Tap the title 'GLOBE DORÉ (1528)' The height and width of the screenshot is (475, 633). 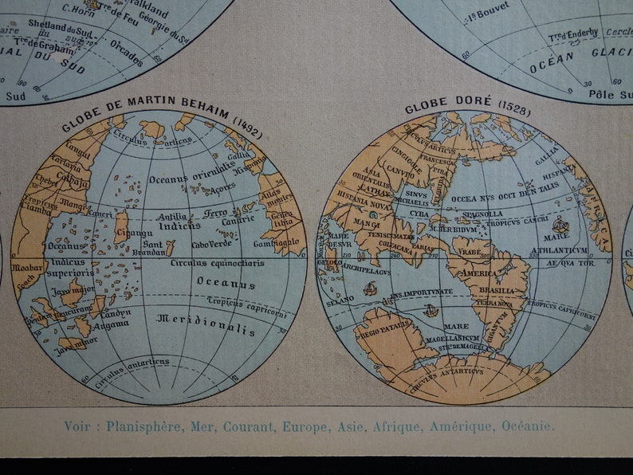click(x=467, y=108)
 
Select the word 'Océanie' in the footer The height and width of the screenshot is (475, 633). click(x=528, y=426)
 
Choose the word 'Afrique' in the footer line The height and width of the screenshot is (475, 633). click(x=399, y=426)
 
